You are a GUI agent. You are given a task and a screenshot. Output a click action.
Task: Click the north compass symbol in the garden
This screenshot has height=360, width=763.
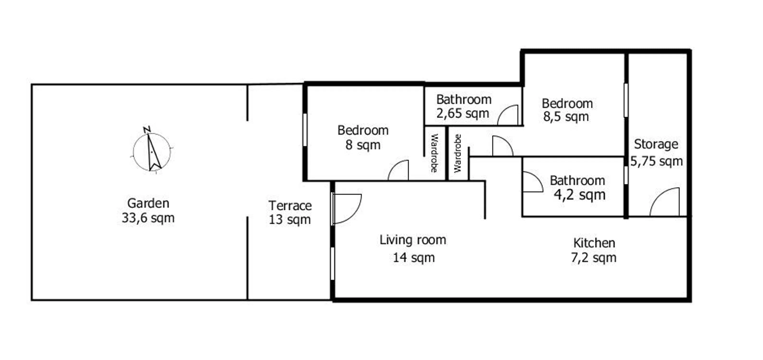(x=152, y=152)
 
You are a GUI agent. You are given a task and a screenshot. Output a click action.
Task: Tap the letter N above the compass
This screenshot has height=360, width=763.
(x=147, y=130)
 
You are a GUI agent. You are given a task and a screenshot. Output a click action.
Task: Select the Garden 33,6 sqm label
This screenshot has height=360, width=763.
(x=148, y=211)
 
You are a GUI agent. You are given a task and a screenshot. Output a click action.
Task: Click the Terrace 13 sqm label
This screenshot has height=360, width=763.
(x=290, y=213)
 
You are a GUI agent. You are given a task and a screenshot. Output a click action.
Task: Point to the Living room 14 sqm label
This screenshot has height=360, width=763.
(x=413, y=249)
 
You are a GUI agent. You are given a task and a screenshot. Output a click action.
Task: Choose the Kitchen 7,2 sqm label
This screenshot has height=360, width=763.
(x=594, y=250)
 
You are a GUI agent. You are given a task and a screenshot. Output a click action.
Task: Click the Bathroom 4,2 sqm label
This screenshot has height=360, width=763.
(x=577, y=188)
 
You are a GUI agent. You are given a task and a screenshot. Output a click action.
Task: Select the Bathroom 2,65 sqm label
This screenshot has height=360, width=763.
(x=463, y=106)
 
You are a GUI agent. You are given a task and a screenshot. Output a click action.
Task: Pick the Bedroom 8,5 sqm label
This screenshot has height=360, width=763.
(x=567, y=110)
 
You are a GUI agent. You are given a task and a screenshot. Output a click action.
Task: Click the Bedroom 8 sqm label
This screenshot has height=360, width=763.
(x=363, y=138)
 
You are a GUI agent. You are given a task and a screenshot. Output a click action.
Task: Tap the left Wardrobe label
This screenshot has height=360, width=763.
(x=434, y=153)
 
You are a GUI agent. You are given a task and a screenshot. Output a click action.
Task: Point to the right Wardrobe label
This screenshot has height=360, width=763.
(x=458, y=153)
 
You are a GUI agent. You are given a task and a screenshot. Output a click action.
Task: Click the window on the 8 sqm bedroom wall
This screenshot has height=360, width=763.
(x=305, y=130)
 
